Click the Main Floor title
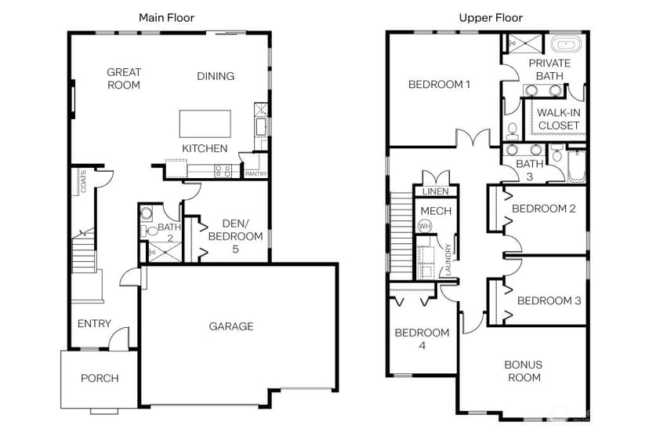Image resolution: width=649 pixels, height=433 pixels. [166, 17]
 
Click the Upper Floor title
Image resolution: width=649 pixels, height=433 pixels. [491, 17]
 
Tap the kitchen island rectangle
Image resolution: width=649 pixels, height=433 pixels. [205, 123]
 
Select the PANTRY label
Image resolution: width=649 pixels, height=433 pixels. [256, 174]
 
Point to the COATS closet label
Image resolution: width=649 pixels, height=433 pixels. [83, 181]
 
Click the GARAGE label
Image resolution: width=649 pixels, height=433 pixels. [231, 326]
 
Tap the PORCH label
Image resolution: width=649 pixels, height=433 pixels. [100, 378]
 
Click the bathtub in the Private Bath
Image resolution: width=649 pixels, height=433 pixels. [566, 45]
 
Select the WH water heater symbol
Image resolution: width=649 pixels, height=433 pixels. [425, 226]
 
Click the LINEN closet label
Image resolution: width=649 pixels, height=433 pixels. [436, 191]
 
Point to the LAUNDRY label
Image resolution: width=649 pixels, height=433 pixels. [448, 260]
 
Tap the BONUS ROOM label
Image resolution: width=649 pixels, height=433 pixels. [524, 371]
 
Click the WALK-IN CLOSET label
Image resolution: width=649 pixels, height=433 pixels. [558, 119]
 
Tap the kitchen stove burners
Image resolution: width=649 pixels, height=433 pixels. [223, 171]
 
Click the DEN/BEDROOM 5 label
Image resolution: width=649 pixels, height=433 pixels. [235, 236]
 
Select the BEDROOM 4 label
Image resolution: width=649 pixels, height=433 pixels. [422, 339]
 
